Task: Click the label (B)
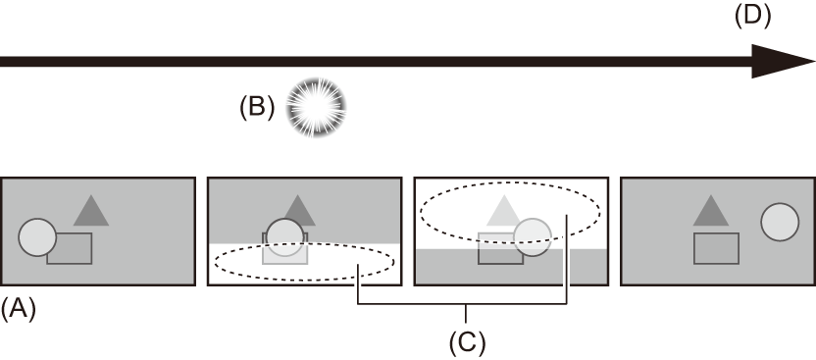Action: pos(257,107)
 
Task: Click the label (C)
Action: pos(467,342)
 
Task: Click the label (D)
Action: pos(752,16)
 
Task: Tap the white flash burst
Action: pos(316,108)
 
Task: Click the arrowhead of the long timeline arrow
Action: pos(785,60)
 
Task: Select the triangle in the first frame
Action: pos(91,211)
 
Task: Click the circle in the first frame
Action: pos(37,236)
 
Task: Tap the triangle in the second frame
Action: pos(299,209)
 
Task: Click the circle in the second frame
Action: pos(285,237)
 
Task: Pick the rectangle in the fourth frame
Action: pos(716,248)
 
